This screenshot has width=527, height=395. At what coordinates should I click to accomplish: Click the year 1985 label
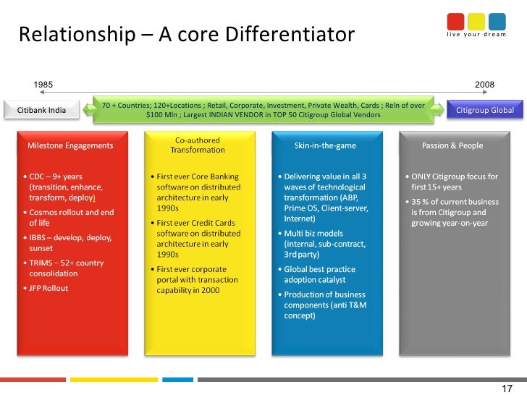point(43,85)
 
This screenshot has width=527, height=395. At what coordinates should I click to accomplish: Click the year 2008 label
point(484,85)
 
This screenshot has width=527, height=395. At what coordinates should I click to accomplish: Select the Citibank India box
point(41,110)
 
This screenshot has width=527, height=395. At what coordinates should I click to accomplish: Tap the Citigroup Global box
point(484,110)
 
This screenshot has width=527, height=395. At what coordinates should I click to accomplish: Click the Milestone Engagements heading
point(70,145)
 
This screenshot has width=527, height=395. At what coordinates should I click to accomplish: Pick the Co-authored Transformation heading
point(197,145)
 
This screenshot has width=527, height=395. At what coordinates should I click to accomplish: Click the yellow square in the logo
point(476,20)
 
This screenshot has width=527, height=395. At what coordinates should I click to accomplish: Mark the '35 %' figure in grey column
point(423,203)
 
